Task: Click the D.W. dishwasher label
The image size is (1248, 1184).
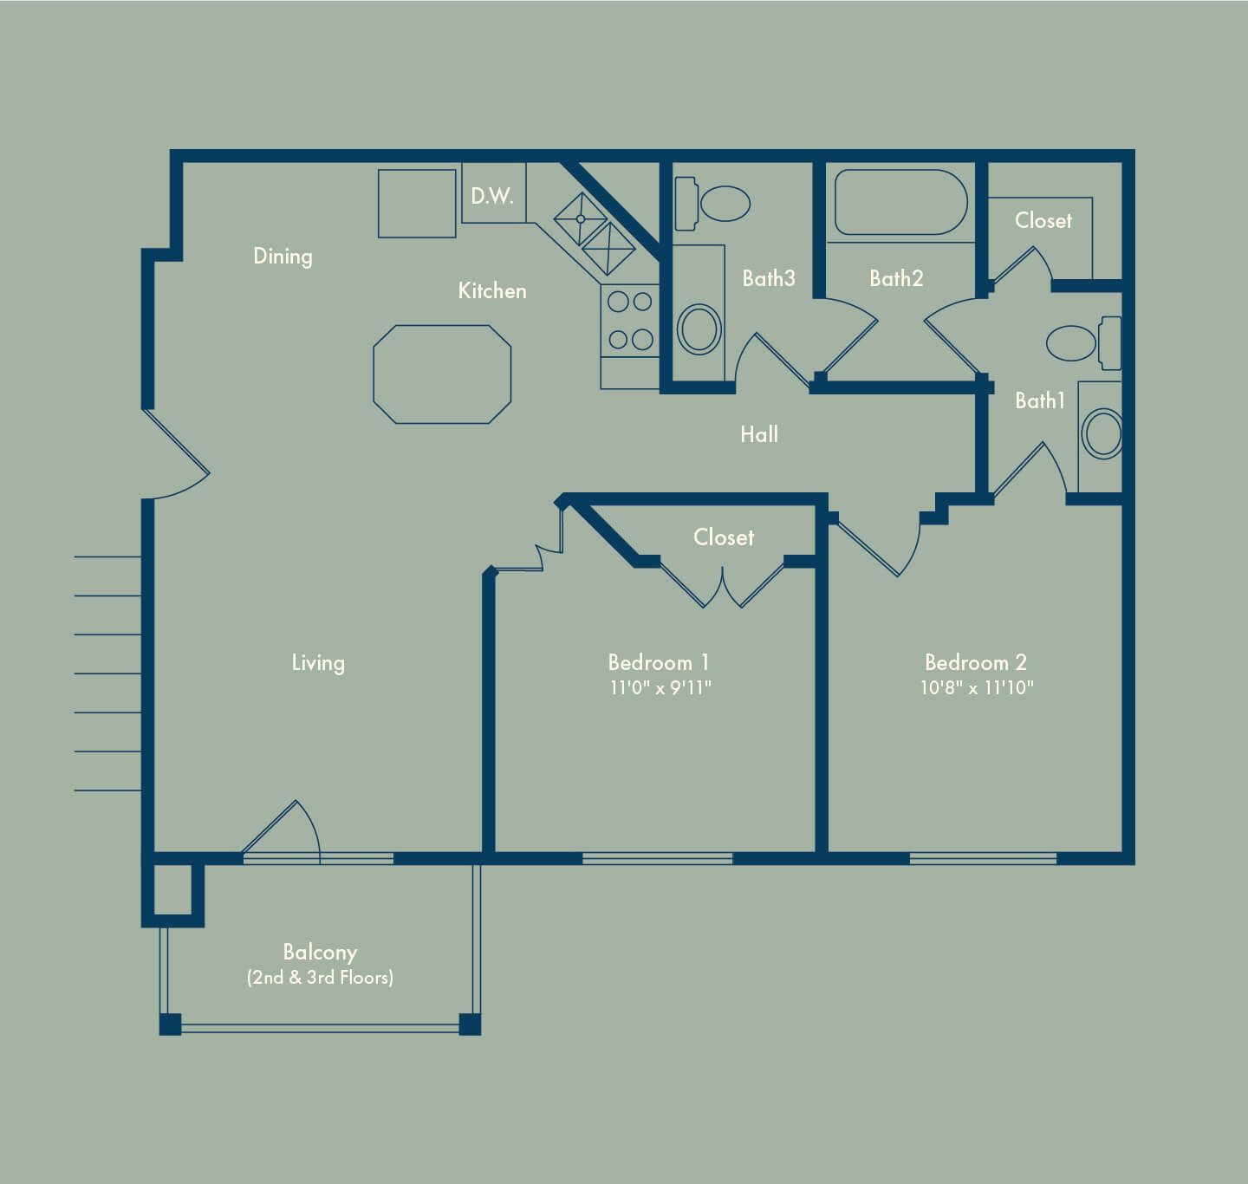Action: point(492,196)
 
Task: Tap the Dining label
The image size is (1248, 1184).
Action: point(283,257)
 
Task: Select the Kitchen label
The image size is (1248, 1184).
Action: point(492,290)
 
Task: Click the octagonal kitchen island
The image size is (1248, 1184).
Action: point(442,374)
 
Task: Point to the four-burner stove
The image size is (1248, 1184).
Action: point(630,321)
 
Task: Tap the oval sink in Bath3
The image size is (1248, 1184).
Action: point(699,329)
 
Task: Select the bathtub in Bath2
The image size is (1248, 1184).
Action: point(900,203)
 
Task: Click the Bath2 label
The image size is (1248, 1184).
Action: point(896,278)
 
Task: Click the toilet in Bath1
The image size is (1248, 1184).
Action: point(1083,343)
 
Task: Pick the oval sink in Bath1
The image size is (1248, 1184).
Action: point(1103,433)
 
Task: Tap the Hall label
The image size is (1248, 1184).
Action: point(759,434)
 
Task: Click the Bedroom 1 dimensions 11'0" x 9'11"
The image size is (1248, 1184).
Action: point(660,687)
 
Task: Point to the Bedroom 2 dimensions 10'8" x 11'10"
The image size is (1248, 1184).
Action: point(977,687)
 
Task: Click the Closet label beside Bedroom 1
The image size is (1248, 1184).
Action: point(724,537)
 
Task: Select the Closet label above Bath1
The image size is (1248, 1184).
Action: point(1043,220)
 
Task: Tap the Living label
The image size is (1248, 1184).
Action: point(318,663)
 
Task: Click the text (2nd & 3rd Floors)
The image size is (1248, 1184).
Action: point(320,977)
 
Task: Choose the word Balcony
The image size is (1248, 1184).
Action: point(320,953)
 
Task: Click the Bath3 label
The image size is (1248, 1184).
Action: point(769,278)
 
